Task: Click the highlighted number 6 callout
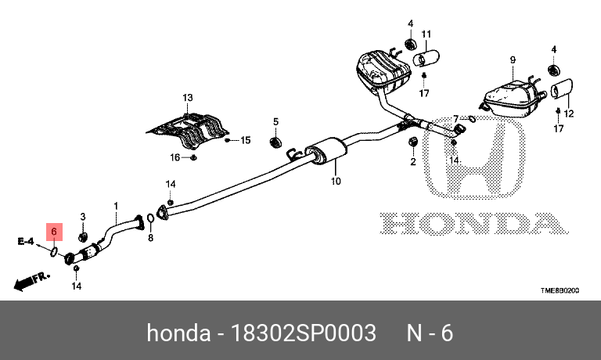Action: pyautogui.click(x=54, y=232)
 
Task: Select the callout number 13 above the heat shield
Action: pyautogui.click(x=187, y=98)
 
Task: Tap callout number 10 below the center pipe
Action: pyautogui.click(x=336, y=182)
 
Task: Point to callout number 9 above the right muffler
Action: pyautogui.click(x=513, y=60)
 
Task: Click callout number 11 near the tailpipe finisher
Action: pyautogui.click(x=426, y=34)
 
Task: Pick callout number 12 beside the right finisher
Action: pyautogui.click(x=569, y=114)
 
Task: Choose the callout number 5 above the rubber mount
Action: pyautogui.click(x=275, y=121)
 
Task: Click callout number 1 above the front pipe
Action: pyautogui.click(x=116, y=206)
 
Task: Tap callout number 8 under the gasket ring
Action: pyautogui.click(x=151, y=238)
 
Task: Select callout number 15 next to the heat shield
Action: pyautogui.click(x=245, y=141)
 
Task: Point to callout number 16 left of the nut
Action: pyautogui.click(x=176, y=157)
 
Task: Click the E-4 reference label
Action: pyautogui.click(x=26, y=241)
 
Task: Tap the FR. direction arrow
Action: pyautogui.click(x=32, y=278)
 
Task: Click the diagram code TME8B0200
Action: pyautogui.click(x=560, y=291)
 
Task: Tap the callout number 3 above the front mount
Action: pyautogui.click(x=83, y=217)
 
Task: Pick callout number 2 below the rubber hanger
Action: pyautogui.click(x=412, y=162)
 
